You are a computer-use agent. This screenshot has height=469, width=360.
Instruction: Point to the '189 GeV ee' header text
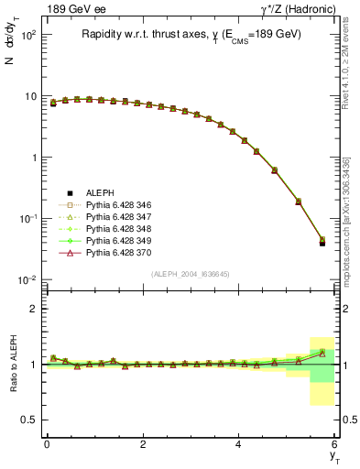pyautogui.click(x=71, y=8)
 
